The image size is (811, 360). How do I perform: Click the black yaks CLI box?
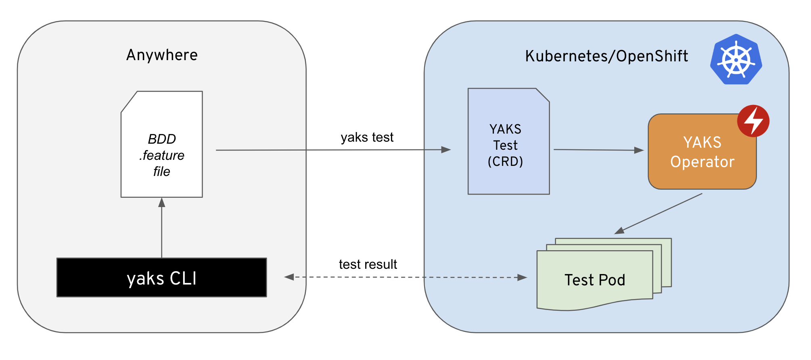point(161,277)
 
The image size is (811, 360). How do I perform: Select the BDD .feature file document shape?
point(161,144)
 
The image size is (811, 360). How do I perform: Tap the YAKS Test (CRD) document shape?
point(508,141)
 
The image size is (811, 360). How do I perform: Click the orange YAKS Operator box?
point(702,151)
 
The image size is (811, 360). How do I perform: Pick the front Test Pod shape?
point(594,280)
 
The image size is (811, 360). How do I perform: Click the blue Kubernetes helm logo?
point(736,59)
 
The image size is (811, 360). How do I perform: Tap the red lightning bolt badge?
point(753,121)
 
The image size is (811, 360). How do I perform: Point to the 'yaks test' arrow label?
point(367,137)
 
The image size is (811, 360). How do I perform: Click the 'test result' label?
point(368,264)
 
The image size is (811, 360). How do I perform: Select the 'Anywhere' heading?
point(162,55)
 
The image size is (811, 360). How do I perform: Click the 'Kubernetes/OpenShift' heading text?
point(606,56)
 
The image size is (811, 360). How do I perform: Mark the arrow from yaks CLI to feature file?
point(161,228)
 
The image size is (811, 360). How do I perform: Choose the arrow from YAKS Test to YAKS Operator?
point(599,150)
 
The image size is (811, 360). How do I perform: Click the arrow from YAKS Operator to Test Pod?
point(658,213)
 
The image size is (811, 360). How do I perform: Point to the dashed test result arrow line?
point(405,277)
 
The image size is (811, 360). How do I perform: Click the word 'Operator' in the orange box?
point(702,162)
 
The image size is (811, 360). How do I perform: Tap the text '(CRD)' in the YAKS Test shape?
point(505,161)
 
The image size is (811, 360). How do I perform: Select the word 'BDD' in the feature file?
point(162,139)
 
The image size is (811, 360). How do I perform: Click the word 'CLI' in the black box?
point(183,278)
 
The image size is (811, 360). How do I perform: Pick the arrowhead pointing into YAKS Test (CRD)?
point(446,150)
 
